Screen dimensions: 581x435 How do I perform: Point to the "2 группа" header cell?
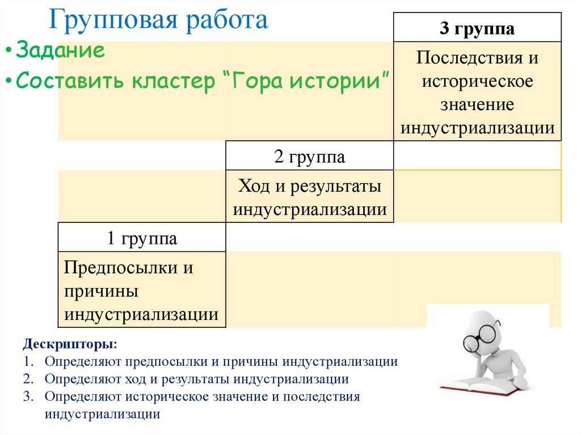pyautogui.click(x=309, y=157)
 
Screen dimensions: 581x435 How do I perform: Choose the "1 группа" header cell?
pyautogui.click(x=142, y=238)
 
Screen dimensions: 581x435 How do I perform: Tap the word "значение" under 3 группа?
pyautogui.click(x=477, y=105)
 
